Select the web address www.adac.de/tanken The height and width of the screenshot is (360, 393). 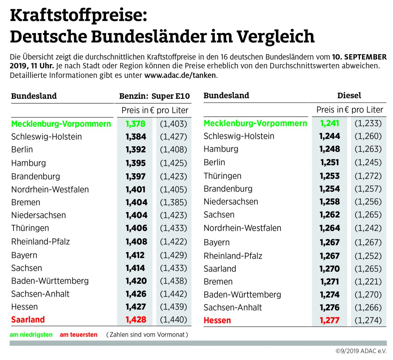(x=180, y=75)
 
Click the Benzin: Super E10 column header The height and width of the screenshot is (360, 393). (x=154, y=96)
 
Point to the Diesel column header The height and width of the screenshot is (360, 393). (x=349, y=96)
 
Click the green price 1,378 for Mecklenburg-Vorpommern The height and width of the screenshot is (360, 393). (x=135, y=124)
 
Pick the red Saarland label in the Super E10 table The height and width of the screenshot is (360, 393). (x=28, y=320)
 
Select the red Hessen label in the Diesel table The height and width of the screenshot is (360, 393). (x=217, y=320)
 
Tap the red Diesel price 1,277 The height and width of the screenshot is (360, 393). (x=330, y=320)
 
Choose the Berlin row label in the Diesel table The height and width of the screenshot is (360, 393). (x=214, y=162)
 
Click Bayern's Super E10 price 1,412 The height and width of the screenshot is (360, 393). (x=135, y=255)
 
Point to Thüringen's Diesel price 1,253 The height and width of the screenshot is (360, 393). (x=330, y=176)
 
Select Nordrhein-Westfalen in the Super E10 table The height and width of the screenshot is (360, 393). (x=50, y=189)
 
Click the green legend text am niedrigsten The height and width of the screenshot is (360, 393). (x=31, y=335)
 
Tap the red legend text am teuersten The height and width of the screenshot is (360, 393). (x=79, y=335)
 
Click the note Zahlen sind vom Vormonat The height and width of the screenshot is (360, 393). (x=147, y=335)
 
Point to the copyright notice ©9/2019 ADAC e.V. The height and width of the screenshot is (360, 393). (x=361, y=351)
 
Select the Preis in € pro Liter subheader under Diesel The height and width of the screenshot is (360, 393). (x=349, y=110)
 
